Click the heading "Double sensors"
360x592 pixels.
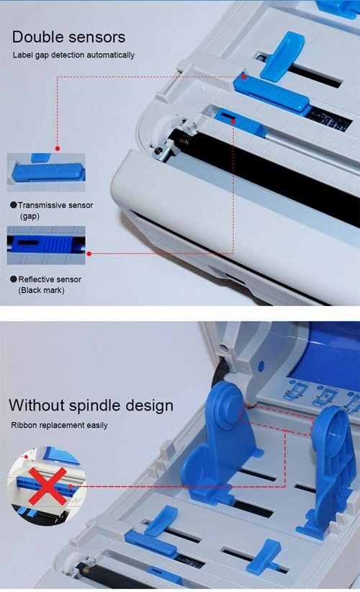[x=68, y=37]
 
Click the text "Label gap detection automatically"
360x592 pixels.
[x=73, y=55]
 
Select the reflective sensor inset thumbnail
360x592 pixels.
[x=46, y=245]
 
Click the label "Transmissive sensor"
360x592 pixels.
[x=55, y=205]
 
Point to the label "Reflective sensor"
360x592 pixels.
[x=50, y=279]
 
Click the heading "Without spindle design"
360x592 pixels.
[x=91, y=405]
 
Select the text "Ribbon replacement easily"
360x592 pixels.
[x=59, y=425]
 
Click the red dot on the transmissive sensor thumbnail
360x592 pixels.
[x=58, y=150]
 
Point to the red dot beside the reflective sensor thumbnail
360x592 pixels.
[x=89, y=253]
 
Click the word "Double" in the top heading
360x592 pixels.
[x=40, y=37]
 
